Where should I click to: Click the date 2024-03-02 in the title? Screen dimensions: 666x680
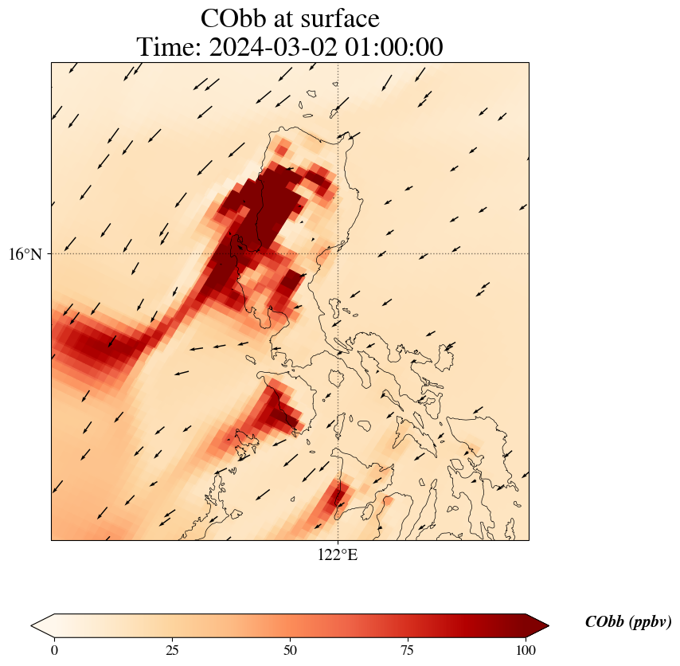[269, 48]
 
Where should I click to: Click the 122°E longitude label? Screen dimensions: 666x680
[338, 554]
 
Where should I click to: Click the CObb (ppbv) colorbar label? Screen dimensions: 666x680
[628, 622]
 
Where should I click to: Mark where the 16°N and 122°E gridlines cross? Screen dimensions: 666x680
[338, 254]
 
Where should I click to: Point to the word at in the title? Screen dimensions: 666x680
[290, 18]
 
